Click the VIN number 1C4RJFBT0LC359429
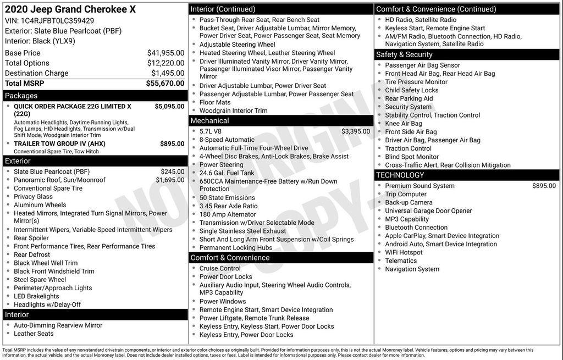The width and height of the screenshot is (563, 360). [57, 21]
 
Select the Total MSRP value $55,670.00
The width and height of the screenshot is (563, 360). [165, 84]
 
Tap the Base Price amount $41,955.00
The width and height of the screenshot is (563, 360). [165, 53]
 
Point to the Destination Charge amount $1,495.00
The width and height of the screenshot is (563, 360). [168, 74]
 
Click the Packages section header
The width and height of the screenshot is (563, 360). [21, 96]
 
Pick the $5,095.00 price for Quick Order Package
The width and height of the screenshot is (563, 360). [169, 107]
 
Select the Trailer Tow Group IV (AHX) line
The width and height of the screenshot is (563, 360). [59, 144]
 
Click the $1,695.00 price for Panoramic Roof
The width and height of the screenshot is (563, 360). [170, 180]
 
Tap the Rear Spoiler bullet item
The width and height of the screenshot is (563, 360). [31, 238]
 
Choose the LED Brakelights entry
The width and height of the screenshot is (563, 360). [36, 296]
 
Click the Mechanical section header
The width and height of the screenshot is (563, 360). [209, 121]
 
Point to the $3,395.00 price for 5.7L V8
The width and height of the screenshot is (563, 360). [355, 131]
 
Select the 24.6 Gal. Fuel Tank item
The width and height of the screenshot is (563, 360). [227, 173]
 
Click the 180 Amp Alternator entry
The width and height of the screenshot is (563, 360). [228, 214]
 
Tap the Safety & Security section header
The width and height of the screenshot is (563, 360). [404, 54]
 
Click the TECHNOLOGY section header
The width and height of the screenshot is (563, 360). [400, 175]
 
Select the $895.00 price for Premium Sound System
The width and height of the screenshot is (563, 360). [544, 186]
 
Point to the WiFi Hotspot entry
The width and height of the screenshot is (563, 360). [404, 252]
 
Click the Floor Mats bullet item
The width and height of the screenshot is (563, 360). [215, 102]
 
